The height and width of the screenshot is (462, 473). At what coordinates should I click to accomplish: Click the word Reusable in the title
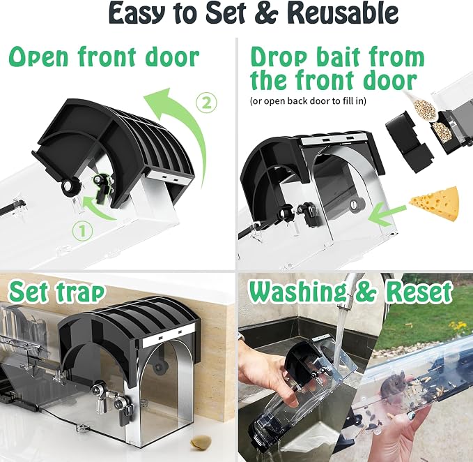[342, 13]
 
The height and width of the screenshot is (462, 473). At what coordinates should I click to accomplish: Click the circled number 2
[206, 103]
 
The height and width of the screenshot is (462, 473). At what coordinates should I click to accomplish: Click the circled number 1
[82, 231]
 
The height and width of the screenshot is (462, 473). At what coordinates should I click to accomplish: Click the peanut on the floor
[199, 442]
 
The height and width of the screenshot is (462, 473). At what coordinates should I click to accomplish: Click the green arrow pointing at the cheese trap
[387, 216]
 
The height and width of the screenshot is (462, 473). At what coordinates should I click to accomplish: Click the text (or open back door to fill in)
[308, 100]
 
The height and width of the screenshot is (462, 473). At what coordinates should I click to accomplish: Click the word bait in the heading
[334, 57]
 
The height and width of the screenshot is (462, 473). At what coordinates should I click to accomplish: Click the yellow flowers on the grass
[458, 327]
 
